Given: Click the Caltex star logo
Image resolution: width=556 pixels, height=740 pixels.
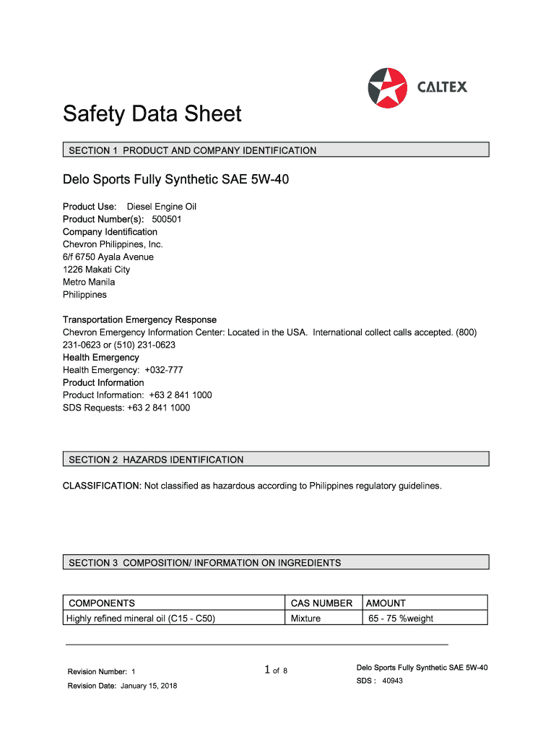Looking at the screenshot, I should [x=387, y=87].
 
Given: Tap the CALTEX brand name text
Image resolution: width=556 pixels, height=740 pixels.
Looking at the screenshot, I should [x=442, y=87].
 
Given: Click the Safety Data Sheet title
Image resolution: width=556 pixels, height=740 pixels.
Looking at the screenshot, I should [x=152, y=114].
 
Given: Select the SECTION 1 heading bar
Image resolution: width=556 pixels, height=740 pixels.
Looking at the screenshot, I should [x=275, y=150].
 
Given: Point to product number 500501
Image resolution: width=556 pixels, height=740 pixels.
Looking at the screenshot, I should [x=166, y=219].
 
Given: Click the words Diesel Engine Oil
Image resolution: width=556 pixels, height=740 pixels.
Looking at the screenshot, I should [x=162, y=207].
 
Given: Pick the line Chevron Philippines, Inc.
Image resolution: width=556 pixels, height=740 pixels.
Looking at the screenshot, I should [x=113, y=244].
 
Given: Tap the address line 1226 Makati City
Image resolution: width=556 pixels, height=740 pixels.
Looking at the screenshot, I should [x=97, y=270].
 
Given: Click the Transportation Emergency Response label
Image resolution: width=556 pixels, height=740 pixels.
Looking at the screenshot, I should [x=139, y=319].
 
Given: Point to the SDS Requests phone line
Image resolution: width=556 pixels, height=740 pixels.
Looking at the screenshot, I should [x=126, y=408].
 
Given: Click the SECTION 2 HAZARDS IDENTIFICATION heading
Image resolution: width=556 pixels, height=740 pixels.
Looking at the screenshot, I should [x=156, y=460].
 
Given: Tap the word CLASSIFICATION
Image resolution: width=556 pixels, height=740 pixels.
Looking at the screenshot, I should [x=101, y=486].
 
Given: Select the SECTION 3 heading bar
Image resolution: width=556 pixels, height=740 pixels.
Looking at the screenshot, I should [x=275, y=562].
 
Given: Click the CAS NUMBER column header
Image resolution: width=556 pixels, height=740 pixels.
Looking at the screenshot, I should [x=321, y=603].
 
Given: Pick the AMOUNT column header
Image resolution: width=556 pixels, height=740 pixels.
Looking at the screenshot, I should [x=386, y=603].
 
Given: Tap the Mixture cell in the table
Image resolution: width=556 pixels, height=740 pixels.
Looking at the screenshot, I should [x=305, y=619].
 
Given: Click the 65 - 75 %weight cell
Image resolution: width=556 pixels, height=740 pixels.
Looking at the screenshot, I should [x=401, y=619].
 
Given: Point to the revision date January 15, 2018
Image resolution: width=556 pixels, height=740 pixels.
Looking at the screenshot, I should [x=147, y=686].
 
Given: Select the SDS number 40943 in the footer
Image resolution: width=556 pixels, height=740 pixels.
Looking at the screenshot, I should [x=392, y=681].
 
